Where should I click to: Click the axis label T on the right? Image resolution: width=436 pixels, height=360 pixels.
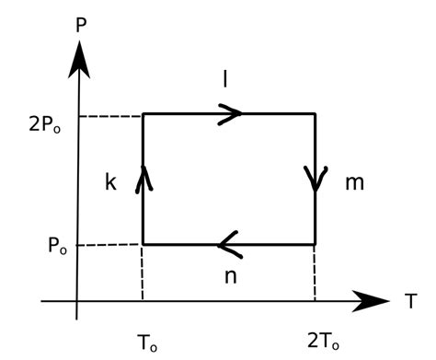coord(410,300)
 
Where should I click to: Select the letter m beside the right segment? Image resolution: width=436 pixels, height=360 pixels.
coord(354,182)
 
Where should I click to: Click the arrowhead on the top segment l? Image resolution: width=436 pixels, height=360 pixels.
coord(233,113)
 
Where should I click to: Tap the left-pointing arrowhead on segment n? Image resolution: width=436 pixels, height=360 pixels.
coord(228,245)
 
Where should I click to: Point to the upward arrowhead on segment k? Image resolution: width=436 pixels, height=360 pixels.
coord(143,178)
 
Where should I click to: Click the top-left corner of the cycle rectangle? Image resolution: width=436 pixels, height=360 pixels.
coord(143,114)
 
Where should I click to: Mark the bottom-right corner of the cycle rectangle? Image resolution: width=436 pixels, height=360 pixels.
coord(316,245)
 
